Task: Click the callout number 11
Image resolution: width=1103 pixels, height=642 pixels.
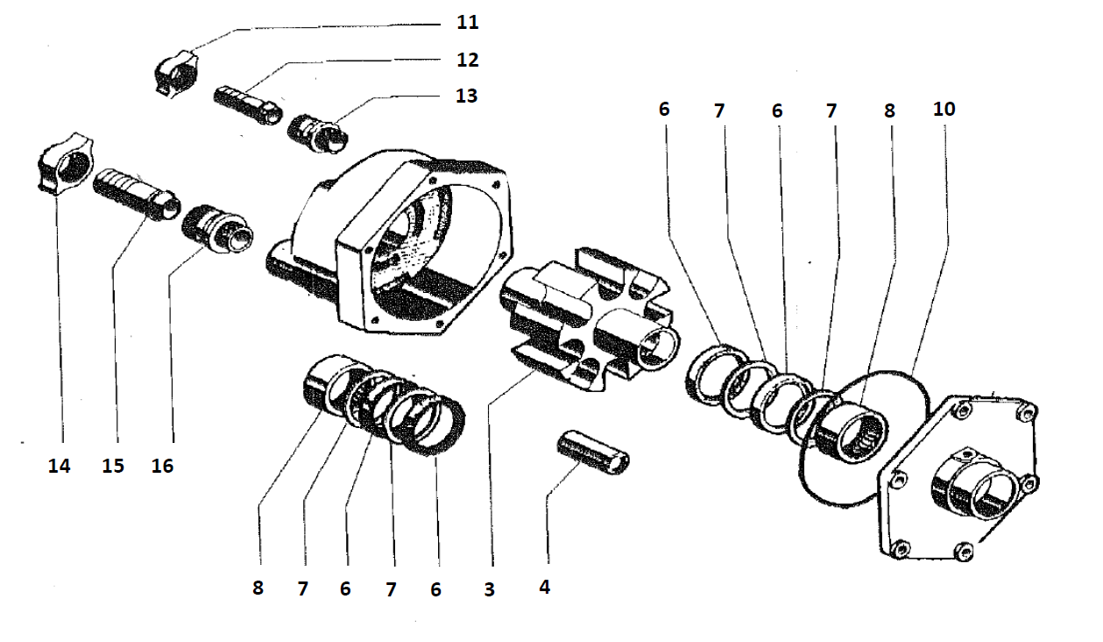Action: (x=468, y=22)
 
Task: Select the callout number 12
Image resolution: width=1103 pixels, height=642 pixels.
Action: (x=468, y=60)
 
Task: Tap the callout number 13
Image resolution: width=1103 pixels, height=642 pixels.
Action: (x=466, y=95)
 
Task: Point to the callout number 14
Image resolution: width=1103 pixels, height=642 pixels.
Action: (x=59, y=466)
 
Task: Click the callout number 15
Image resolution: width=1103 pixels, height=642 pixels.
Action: (x=113, y=466)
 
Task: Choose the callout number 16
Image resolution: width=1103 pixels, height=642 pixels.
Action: (x=162, y=466)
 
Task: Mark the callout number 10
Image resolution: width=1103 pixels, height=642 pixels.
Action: (x=944, y=110)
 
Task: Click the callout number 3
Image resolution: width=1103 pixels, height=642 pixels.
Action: (x=490, y=590)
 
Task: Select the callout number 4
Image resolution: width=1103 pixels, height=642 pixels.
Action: (x=544, y=588)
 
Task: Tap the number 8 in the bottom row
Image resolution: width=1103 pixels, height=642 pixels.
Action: (x=258, y=588)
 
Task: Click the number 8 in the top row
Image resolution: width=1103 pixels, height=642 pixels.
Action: (x=889, y=111)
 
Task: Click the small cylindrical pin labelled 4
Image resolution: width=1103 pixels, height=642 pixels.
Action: (x=594, y=453)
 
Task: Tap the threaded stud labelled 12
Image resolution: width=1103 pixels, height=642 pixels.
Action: (x=248, y=105)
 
